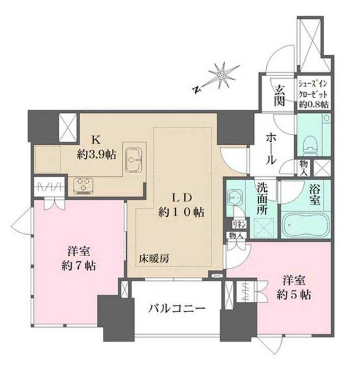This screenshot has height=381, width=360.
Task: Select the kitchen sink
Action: pyautogui.click(x=135, y=158)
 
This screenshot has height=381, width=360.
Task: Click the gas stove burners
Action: pyautogui.click(x=85, y=185)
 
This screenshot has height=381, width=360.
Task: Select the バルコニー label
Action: pyautogui.click(x=176, y=309)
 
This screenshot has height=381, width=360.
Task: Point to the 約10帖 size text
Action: pyautogui.click(x=181, y=212)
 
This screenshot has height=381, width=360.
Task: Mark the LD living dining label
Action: pyautogui.click(x=181, y=197)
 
